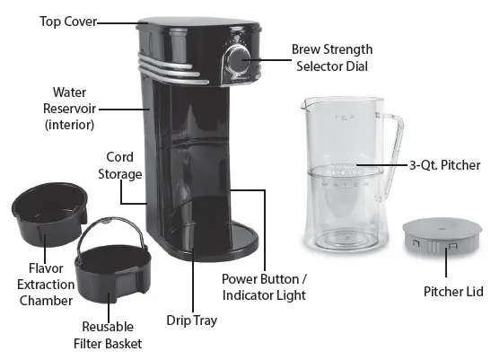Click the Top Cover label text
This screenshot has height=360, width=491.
tap(66, 20)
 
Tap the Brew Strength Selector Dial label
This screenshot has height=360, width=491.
tap(332, 57)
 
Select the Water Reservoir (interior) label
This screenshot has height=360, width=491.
tap(68, 108)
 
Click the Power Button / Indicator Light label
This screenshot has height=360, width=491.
tap(264, 286)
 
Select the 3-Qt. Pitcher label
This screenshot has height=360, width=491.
tap(445, 165)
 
